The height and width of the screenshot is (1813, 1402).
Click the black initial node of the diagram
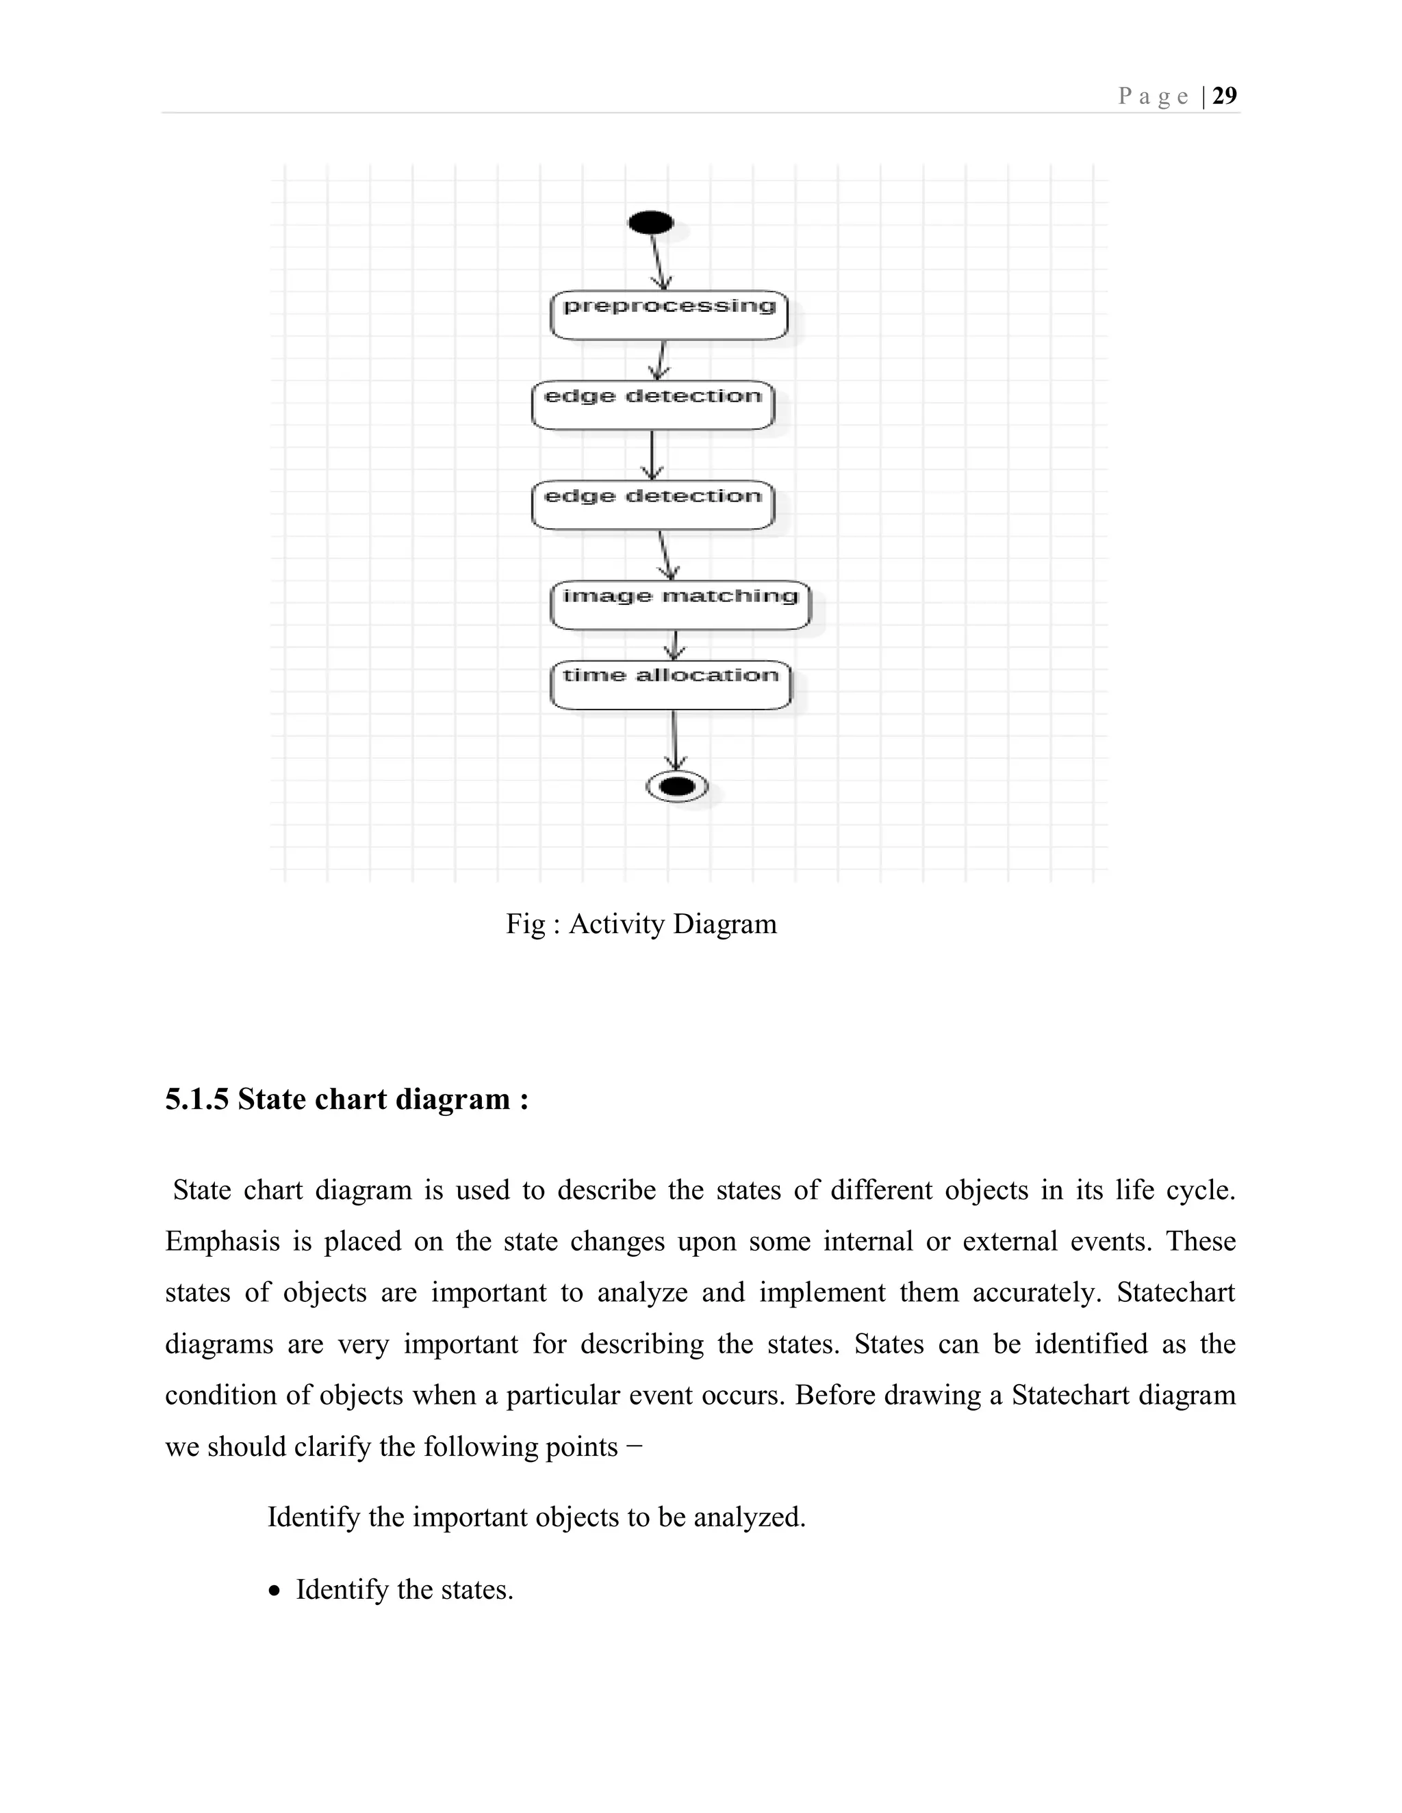pos(651,222)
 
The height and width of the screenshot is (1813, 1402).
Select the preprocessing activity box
pos(669,315)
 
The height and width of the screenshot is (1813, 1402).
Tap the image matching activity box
pos(679,605)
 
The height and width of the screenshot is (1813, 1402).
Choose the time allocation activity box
pos(670,686)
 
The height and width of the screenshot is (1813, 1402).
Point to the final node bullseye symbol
pos(677,786)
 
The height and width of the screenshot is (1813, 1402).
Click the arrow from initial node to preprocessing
pos(658,261)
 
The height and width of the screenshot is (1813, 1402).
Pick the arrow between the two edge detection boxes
pos(652,454)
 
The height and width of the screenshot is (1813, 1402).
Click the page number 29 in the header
pos(1224,96)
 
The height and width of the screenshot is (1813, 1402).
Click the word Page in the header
pos(1154,97)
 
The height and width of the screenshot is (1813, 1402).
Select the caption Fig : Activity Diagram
pos(641,924)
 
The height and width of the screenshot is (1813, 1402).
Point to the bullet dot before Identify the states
pos(275,1591)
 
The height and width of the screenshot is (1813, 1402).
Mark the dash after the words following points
pos(635,1446)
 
